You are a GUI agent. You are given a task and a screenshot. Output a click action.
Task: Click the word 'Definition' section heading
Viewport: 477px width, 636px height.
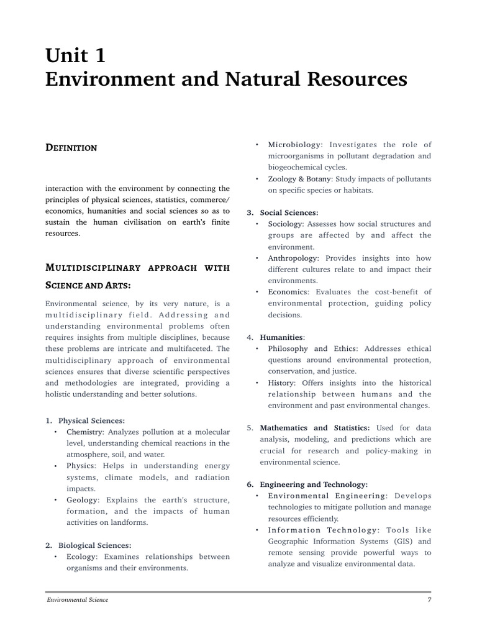(71, 148)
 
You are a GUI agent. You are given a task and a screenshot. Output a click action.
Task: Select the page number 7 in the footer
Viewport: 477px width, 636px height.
(429, 599)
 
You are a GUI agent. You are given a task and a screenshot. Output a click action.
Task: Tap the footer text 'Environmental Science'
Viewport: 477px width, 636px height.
(78, 599)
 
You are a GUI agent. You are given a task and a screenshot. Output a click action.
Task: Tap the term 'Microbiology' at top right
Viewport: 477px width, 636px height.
(295, 145)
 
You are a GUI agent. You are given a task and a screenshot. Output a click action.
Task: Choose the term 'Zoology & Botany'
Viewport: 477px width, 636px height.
(300, 179)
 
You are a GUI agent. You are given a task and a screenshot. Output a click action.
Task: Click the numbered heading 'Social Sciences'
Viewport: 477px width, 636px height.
(288, 212)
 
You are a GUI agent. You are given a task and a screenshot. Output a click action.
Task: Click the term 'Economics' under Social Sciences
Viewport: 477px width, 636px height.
(288, 292)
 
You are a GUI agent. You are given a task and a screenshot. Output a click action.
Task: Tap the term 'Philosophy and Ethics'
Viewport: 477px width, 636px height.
(314, 348)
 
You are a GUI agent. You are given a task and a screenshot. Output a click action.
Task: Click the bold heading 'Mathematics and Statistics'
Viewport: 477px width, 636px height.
(314, 428)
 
